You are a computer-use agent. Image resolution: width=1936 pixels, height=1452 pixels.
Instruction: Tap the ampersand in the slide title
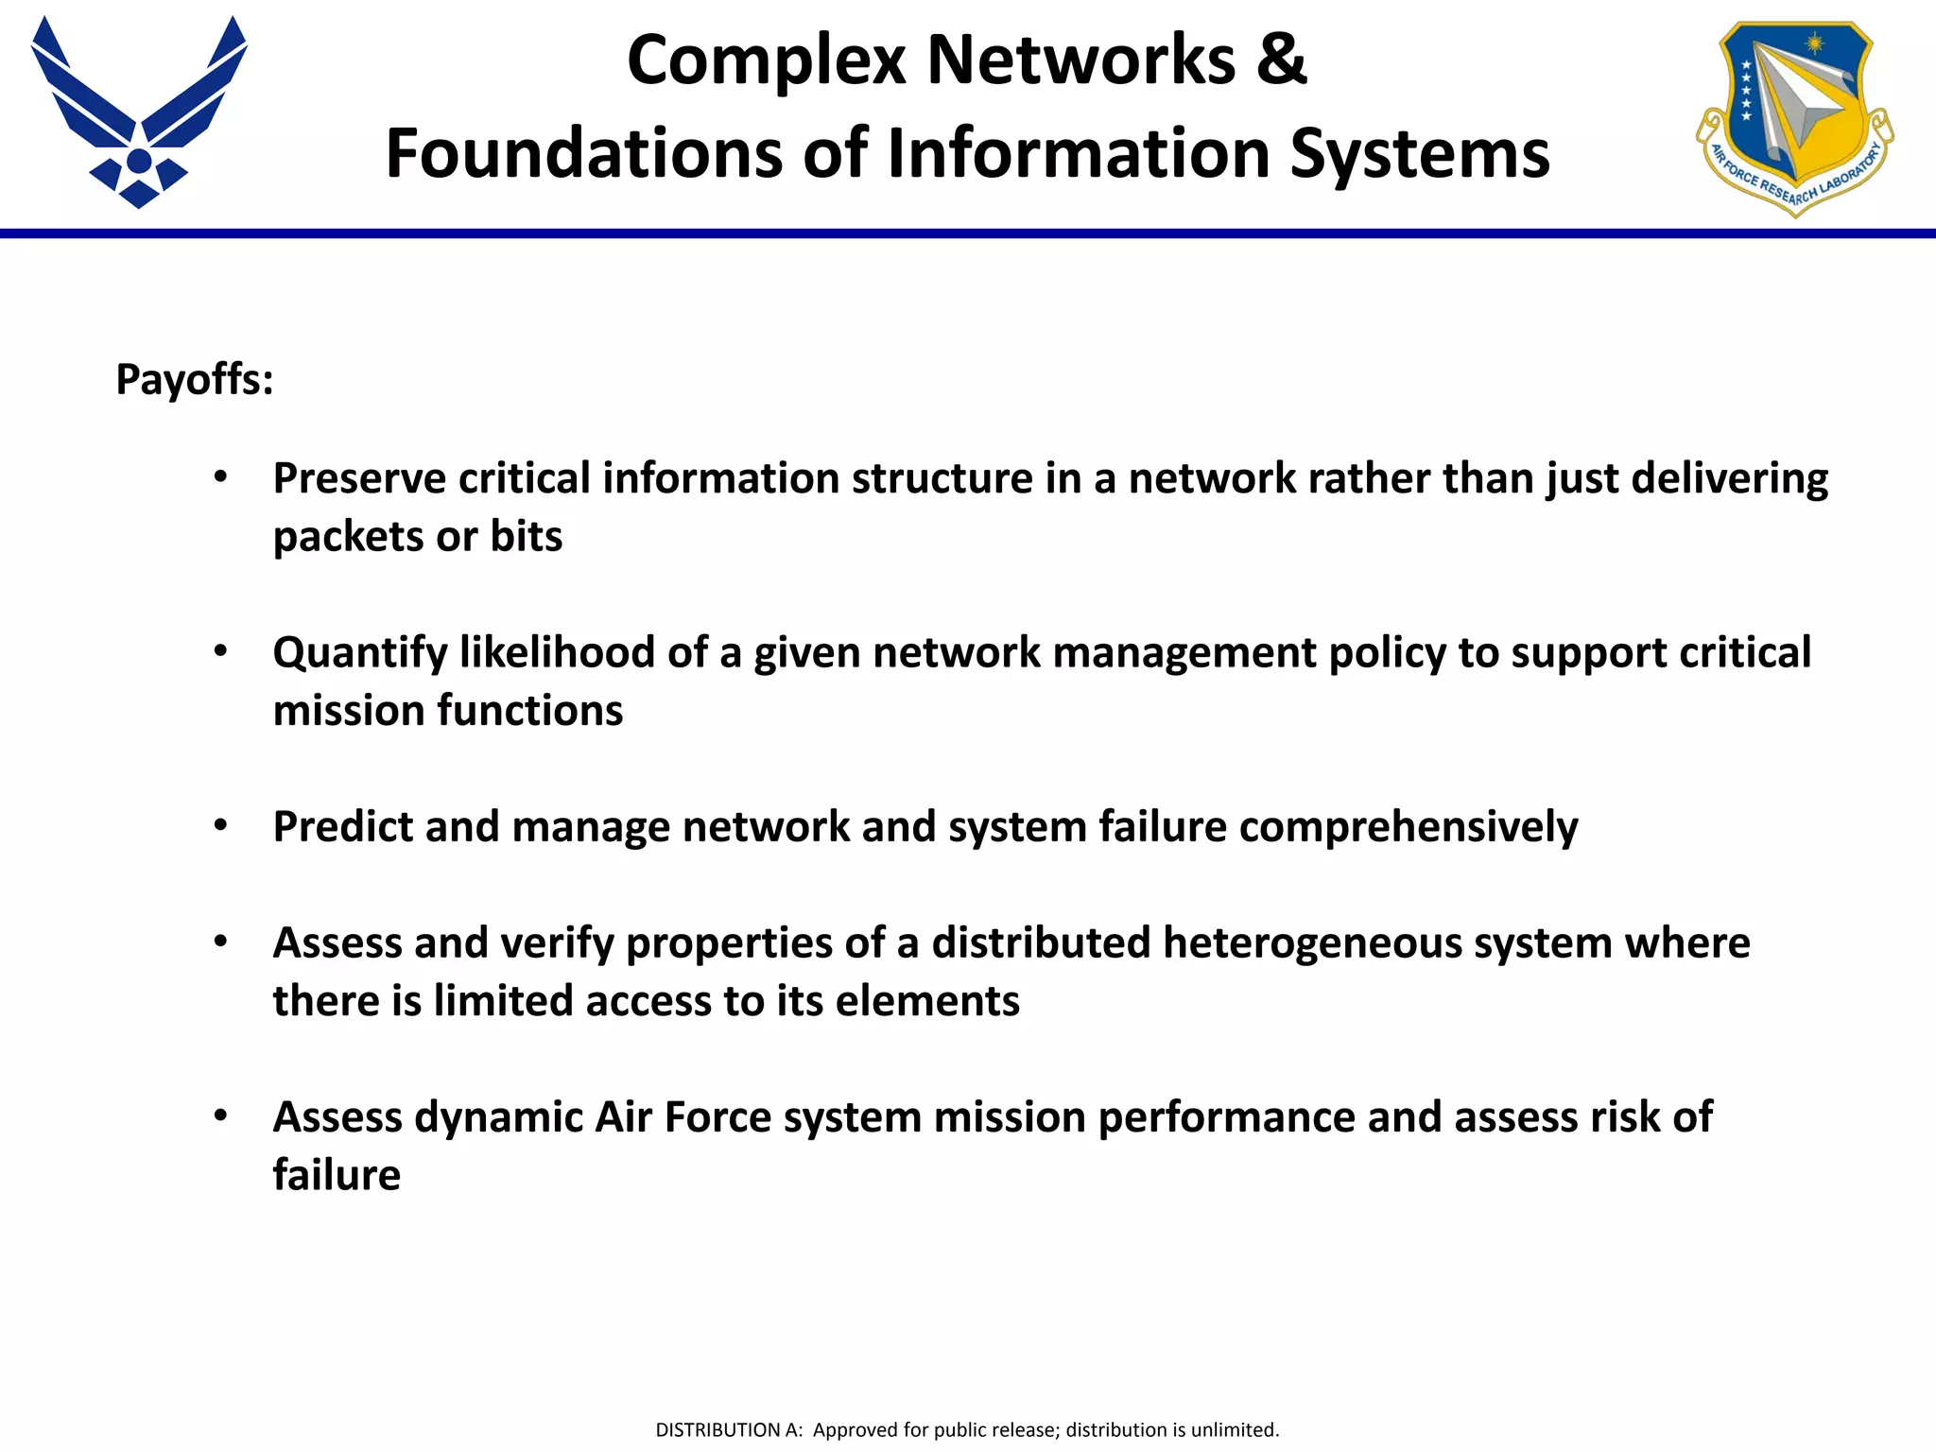click(x=1282, y=60)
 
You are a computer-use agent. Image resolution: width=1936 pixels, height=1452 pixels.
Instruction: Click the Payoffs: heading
click(x=195, y=380)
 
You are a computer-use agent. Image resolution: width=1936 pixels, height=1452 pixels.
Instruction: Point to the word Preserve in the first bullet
click(x=359, y=478)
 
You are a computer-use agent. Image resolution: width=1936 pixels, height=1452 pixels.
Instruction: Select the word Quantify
click(x=359, y=653)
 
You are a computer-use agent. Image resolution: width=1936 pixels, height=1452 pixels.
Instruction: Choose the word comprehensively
click(x=1409, y=827)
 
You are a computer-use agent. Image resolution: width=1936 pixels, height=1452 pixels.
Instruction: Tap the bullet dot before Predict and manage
click(x=220, y=826)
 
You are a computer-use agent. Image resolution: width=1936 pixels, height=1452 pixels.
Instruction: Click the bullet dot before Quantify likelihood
click(x=220, y=651)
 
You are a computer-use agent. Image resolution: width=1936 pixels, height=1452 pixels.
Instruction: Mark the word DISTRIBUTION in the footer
click(x=718, y=1430)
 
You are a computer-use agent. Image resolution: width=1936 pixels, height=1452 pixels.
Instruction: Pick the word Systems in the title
click(x=1420, y=153)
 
